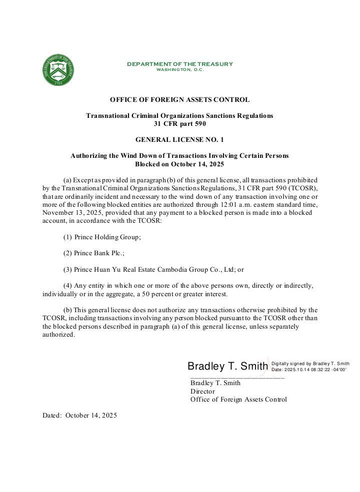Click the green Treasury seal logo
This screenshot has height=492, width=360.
coord(59,70)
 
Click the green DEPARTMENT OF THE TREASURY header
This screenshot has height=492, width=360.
coord(179,64)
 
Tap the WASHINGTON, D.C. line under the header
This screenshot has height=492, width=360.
coord(180,69)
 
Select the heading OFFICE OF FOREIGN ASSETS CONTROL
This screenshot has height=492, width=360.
coord(179,100)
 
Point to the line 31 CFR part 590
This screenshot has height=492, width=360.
coord(179,123)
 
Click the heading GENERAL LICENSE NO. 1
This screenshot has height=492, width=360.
coord(179,140)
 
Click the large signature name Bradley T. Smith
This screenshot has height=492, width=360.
coord(227,367)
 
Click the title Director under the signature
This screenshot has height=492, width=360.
coord(202,392)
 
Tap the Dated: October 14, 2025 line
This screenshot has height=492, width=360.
coord(79,415)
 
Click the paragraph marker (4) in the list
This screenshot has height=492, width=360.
coord(67,285)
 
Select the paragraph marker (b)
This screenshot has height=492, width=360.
coord(68,310)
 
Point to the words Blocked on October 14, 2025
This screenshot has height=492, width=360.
coord(179,164)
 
